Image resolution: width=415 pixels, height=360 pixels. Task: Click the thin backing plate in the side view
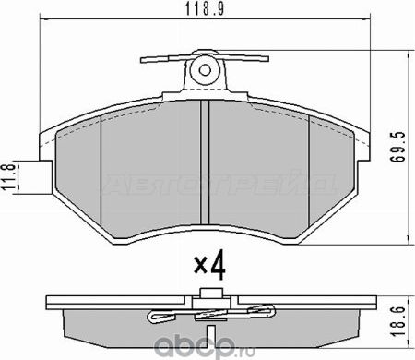(111, 302)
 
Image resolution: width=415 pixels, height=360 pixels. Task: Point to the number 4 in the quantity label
(217, 268)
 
